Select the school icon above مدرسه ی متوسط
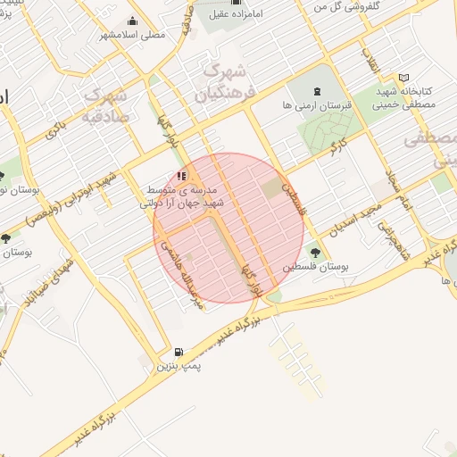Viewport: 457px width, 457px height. (182, 176)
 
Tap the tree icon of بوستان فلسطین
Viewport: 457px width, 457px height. (313, 250)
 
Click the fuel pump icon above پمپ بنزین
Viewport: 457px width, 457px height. (179, 352)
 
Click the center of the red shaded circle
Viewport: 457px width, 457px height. (228, 228)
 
